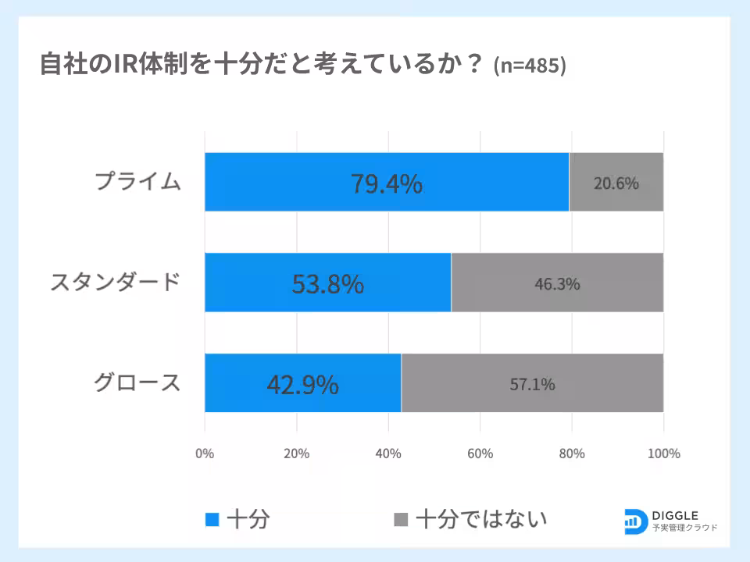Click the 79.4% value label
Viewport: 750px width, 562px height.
386,183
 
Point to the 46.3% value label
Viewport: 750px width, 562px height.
557,284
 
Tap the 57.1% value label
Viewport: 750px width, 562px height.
533,384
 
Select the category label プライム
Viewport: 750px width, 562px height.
137,183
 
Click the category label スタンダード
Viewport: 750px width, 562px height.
116,283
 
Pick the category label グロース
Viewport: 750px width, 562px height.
137,382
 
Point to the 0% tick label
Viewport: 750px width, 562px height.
205,454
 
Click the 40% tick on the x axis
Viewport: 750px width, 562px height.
388,454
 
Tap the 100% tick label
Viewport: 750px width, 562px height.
663,454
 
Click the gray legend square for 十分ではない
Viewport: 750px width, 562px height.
401,519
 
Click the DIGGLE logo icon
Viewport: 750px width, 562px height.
635,521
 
